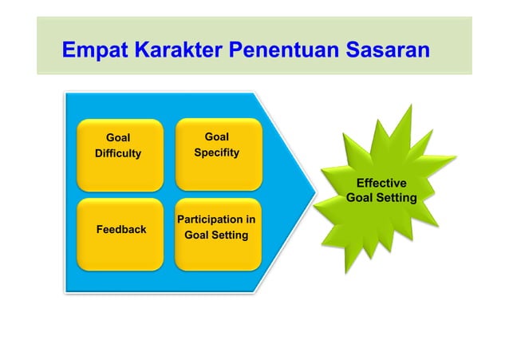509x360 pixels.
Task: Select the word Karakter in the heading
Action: point(177,51)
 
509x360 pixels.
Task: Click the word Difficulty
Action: point(118,153)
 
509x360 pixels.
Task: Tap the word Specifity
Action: point(216,152)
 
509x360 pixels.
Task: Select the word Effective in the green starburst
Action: point(381,183)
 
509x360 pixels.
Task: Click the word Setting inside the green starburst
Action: point(397,197)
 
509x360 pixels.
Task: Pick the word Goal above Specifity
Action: point(216,136)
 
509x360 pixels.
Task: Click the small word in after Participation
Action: point(250,219)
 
